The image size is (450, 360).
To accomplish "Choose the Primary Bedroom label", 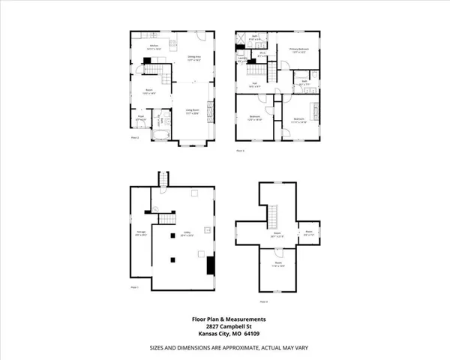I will coord(299,50).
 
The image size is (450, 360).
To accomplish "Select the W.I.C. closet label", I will coord(260,53).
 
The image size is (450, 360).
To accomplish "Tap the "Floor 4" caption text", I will coord(262,301).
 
